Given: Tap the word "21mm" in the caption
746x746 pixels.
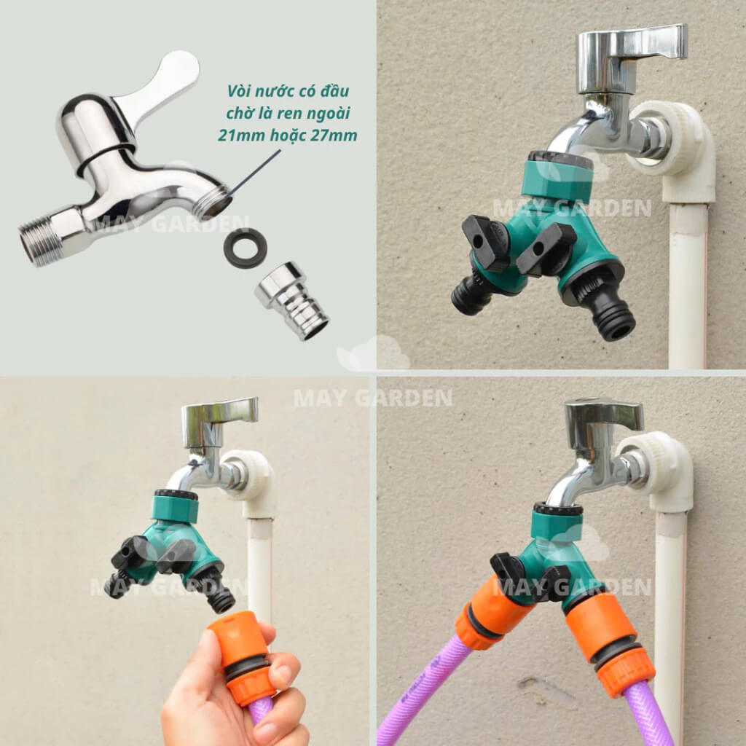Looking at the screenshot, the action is click(241, 136).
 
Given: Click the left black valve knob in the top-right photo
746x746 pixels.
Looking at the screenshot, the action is click(486, 243).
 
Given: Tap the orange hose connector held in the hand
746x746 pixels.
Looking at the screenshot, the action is click(243, 656).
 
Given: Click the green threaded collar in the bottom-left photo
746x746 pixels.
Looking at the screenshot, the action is click(175, 507).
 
